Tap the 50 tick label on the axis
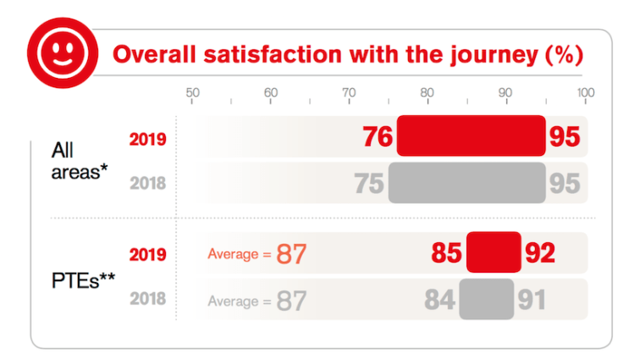point(192,93)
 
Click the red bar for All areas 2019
point(471,136)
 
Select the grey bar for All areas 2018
point(466,183)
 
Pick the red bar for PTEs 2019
point(493,252)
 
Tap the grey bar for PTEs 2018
point(487,299)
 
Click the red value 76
point(378,137)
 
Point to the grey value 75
point(370,184)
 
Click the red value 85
point(447,253)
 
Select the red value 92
point(540,253)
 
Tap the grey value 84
point(440,300)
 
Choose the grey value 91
point(532,300)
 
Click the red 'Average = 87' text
point(256,253)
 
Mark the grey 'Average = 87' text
point(256,300)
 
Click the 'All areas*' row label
point(80,160)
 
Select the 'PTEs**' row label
point(83,276)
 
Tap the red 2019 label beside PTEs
point(147,253)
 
